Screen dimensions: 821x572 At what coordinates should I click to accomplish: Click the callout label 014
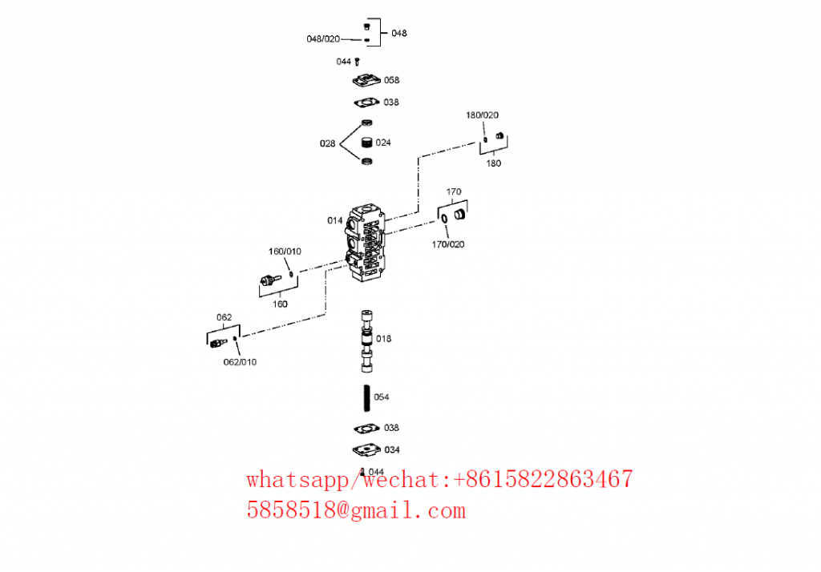334,221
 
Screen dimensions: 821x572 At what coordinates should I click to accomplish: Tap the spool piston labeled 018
366,341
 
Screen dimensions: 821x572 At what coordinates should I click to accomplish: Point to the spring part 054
367,397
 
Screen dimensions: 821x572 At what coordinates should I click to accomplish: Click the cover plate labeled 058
366,81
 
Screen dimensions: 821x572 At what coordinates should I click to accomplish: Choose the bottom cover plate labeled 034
366,449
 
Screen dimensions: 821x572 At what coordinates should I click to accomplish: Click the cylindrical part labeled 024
367,143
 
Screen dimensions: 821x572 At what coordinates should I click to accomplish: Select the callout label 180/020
482,115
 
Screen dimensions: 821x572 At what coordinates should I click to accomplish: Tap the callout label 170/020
447,244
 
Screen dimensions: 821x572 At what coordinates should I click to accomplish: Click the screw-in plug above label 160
270,280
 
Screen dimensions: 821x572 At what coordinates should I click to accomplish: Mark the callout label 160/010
285,252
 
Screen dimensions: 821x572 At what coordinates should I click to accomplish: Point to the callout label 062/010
240,362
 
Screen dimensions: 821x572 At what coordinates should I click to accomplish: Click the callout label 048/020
323,39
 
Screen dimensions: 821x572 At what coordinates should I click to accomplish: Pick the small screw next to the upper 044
357,62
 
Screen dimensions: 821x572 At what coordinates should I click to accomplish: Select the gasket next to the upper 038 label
366,103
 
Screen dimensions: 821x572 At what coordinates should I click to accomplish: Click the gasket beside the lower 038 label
366,429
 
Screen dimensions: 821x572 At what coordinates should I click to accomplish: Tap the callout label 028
327,143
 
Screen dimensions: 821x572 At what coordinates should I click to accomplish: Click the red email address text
356,510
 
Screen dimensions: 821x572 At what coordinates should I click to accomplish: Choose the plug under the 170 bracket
459,214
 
